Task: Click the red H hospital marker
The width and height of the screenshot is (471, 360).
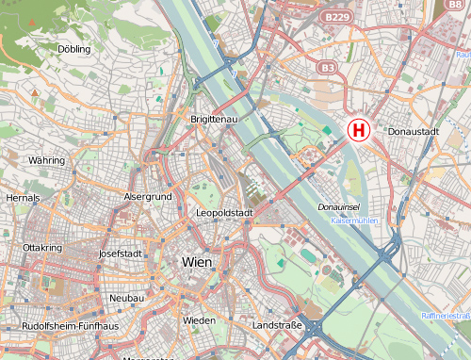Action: pyautogui.click(x=359, y=130)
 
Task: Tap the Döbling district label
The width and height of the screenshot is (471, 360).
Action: pyautogui.click(x=74, y=48)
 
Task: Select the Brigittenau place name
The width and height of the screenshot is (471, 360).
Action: pyautogui.click(x=214, y=121)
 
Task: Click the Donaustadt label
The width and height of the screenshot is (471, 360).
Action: pyautogui.click(x=414, y=132)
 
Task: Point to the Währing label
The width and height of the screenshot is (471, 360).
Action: pyautogui.click(x=46, y=161)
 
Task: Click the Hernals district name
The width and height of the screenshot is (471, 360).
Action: pyautogui.click(x=24, y=199)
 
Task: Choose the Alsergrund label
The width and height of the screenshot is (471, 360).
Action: pyautogui.click(x=147, y=196)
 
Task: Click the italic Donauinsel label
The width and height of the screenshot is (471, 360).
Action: pyautogui.click(x=337, y=205)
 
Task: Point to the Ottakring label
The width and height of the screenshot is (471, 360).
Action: pyautogui.click(x=41, y=247)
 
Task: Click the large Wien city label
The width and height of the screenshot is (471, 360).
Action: pyautogui.click(x=197, y=261)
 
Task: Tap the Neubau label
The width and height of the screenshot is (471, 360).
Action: pyautogui.click(x=126, y=298)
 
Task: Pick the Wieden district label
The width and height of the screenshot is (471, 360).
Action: pyautogui.click(x=199, y=320)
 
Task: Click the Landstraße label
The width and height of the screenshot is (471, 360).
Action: pyautogui.click(x=277, y=325)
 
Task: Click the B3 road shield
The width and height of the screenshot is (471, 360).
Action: pyautogui.click(x=327, y=68)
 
